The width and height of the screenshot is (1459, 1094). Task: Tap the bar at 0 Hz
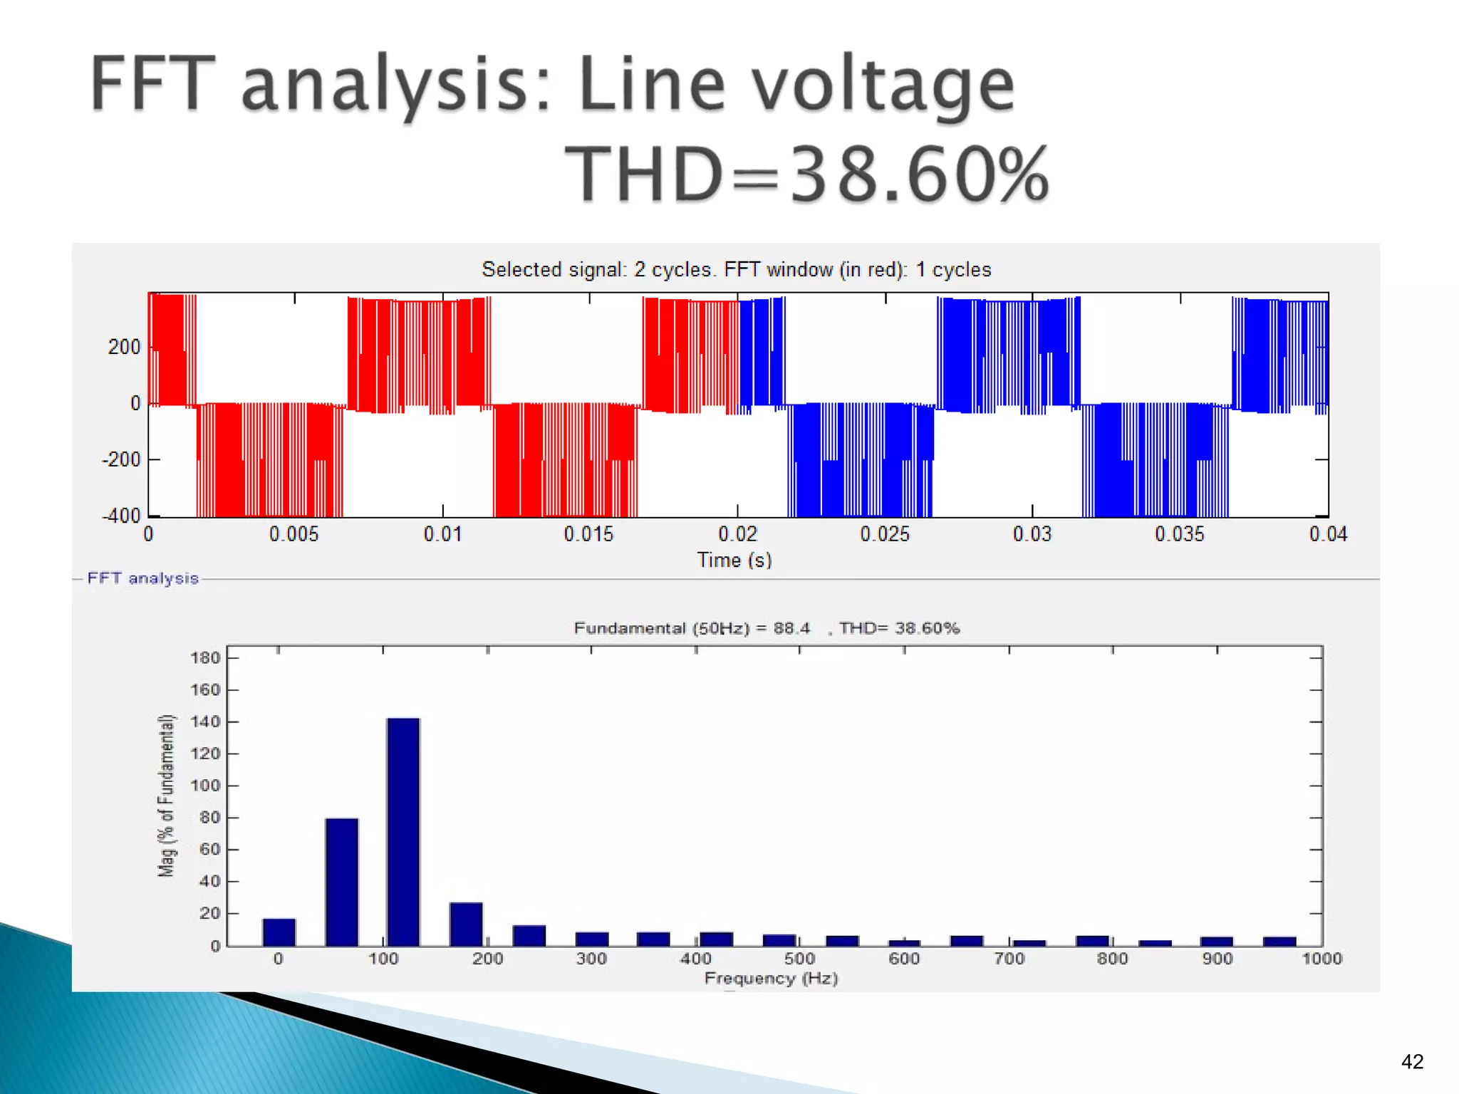pyautogui.click(x=279, y=932)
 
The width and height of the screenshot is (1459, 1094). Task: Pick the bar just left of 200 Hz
pyautogui.click(x=467, y=924)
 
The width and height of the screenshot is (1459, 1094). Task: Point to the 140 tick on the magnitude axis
pyautogui.click(x=206, y=721)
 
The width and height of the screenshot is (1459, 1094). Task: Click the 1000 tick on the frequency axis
pyautogui.click(x=1322, y=959)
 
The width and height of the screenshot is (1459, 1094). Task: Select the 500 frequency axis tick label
pyautogui.click(x=799, y=959)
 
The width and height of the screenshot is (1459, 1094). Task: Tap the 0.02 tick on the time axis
pyautogui.click(x=737, y=534)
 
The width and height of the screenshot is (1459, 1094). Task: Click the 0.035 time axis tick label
pyautogui.click(x=1180, y=534)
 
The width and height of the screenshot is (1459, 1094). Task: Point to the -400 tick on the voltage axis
pyautogui.click(x=122, y=516)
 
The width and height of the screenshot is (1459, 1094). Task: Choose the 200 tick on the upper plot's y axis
pyautogui.click(x=125, y=347)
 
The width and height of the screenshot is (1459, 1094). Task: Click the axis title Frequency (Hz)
pyautogui.click(x=771, y=978)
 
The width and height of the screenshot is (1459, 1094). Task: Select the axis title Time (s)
pyautogui.click(x=734, y=560)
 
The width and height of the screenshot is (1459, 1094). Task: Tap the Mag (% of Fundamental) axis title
pyautogui.click(x=166, y=795)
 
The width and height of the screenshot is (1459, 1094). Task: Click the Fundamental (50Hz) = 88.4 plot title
pyautogui.click(x=692, y=628)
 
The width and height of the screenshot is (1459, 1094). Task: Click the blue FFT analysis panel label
pyautogui.click(x=142, y=578)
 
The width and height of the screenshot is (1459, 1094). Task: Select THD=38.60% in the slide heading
pyautogui.click(x=806, y=174)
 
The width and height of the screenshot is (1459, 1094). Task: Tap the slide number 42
pyautogui.click(x=1412, y=1062)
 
